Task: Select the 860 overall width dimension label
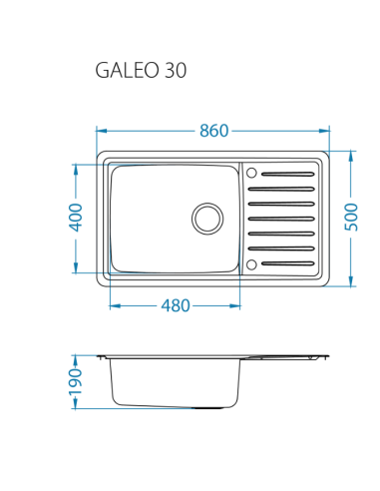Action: pyautogui.click(x=213, y=131)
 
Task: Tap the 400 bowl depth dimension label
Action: pyautogui.click(x=76, y=218)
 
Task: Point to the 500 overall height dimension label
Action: pyautogui.click(x=351, y=218)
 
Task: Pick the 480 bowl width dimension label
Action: pyautogui.click(x=175, y=306)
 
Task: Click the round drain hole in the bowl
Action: pyautogui.click(x=207, y=218)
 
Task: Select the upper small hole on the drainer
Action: pyautogui.click(x=251, y=171)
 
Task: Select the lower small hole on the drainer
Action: pyautogui.click(x=251, y=264)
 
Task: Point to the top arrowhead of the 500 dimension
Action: pyautogui.click(x=351, y=155)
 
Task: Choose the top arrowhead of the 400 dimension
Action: pyautogui.click(x=76, y=167)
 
